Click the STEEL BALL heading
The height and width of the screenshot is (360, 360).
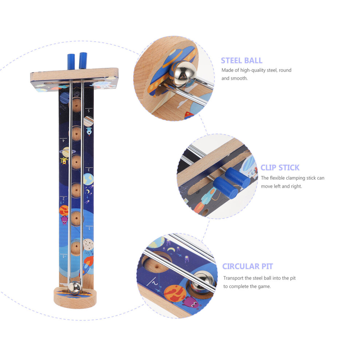pyautogui.click(x=241, y=60)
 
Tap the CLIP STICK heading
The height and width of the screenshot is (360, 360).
pyautogui.click(x=280, y=168)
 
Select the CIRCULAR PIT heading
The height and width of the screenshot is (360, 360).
pyautogui.click(x=248, y=266)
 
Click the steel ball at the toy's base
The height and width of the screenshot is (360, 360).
pyautogui.click(x=75, y=288)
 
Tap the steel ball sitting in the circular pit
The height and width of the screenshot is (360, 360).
pyautogui.click(x=203, y=282)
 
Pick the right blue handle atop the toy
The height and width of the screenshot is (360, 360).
pyautogui.click(x=83, y=60)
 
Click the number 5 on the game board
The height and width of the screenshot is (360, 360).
pyautogui.click(x=89, y=111)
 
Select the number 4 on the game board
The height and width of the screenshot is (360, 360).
pyautogui.click(x=64, y=140)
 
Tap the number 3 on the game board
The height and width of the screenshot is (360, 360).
pyautogui.click(x=89, y=170)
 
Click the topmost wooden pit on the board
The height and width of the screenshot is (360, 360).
pyautogui.click(x=76, y=105)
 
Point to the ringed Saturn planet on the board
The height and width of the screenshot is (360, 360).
pyautogui.click(x=66, y=152)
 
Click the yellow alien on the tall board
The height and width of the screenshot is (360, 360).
pyautogui.click(x=64, y=161)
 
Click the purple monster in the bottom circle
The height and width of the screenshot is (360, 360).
pyautogui.click(x=191, y=302)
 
